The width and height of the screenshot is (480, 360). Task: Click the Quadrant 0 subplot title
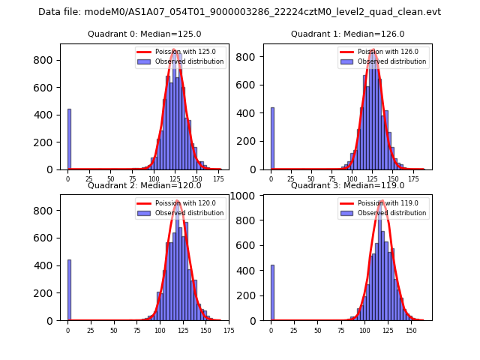click(144, 34)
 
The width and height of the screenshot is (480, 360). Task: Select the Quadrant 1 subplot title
click(347, 34)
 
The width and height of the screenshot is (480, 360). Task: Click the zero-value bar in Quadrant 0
click(69, 139)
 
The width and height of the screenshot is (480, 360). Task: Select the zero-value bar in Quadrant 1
click(272, 139)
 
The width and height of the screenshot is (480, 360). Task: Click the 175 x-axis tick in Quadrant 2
click(229, 329)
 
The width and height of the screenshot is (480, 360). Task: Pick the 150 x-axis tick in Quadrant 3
click(411, 329)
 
